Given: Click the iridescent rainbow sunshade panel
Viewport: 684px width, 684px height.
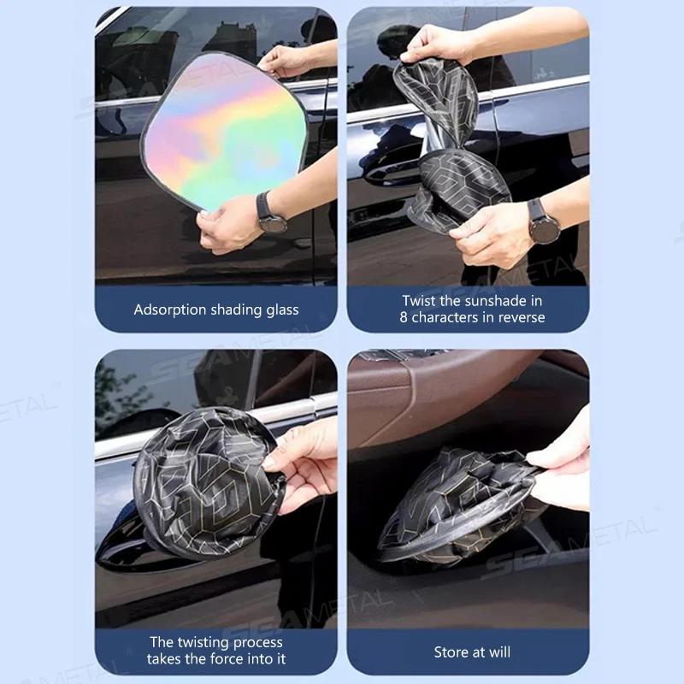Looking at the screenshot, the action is [x=225, y=131].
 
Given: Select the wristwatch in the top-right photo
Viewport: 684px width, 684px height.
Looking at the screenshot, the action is [x=542, y=221].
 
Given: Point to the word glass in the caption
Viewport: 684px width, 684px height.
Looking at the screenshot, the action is [x=283, y=310].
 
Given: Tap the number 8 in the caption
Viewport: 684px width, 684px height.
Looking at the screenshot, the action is [x=404, y=317].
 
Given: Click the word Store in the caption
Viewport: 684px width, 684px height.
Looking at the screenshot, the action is [x=451, y=652].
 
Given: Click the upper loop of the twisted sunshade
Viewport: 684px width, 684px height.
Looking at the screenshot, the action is [x=436, y=96].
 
